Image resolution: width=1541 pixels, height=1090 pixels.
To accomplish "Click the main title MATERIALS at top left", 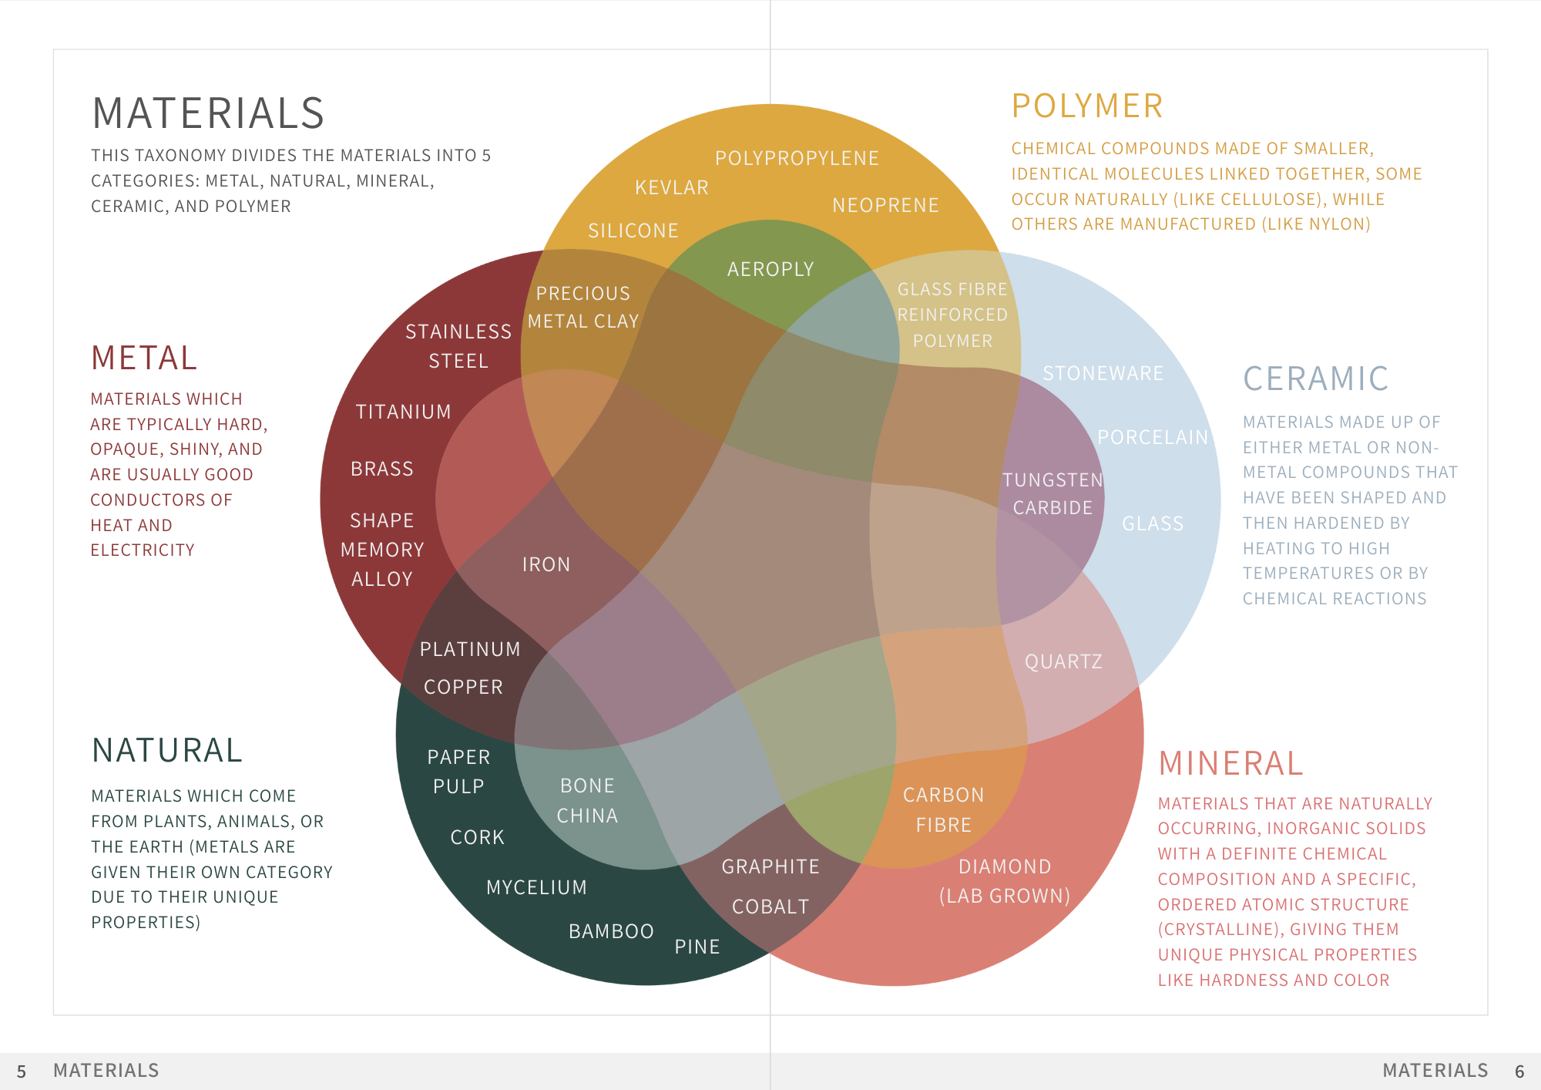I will [208, 113].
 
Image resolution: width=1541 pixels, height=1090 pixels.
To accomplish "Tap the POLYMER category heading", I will [1086, 106].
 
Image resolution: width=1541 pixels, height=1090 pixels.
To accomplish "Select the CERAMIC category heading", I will [1315, 378].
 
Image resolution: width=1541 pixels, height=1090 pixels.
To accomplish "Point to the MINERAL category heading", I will [1230, 763].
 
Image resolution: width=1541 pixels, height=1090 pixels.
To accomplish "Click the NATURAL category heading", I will [167, 750].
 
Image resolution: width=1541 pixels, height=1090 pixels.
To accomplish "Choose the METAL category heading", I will [144, 358].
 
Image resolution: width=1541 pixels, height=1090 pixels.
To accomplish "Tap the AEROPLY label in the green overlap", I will [770, 269].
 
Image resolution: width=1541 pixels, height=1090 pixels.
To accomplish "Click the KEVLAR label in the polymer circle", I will [671, 187].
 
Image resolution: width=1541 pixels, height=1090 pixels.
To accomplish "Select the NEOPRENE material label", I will [885, 205].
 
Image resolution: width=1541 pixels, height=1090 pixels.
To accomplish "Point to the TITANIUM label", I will [403, 412].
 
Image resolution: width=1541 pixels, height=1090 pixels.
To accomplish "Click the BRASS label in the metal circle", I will [382, 469].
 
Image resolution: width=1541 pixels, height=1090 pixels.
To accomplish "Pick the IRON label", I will [546, 564].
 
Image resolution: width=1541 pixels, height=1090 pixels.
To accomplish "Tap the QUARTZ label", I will [1063, 661].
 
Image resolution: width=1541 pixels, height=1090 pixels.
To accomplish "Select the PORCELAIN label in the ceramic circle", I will [1153, 437].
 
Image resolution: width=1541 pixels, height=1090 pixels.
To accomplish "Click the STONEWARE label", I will [1103, 373].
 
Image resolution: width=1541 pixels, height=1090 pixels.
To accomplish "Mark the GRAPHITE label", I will [770, 866].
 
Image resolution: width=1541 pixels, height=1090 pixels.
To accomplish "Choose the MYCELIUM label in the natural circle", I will [536, 887].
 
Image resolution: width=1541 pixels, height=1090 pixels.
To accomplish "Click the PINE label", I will [697, 947].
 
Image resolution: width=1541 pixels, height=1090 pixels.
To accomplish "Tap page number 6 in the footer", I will [1519, 1071].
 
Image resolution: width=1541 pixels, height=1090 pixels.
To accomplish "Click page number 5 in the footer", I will [22, 1071].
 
